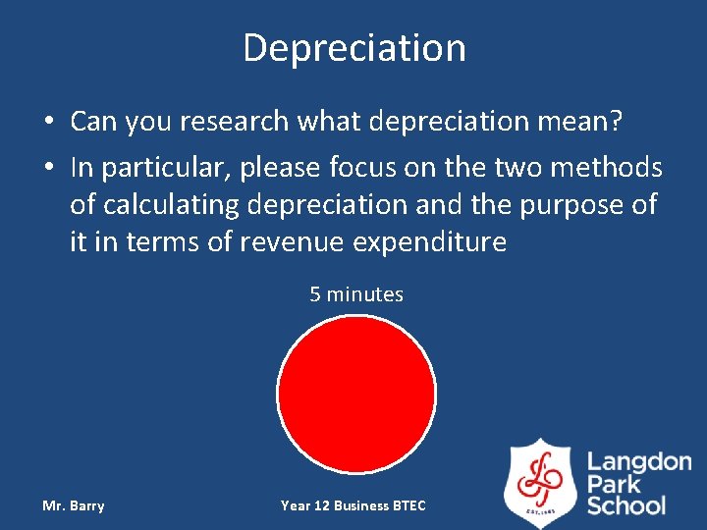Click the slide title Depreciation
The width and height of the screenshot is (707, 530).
tap(353, 47)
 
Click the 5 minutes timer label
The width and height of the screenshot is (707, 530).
tap(356, 294)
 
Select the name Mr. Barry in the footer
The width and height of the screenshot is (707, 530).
tap(74, 505)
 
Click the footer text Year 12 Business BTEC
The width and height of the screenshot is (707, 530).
tap(353, 505)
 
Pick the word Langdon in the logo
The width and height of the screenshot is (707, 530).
tap(639, 461)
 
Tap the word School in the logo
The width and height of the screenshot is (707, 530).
tap(626, 506)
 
